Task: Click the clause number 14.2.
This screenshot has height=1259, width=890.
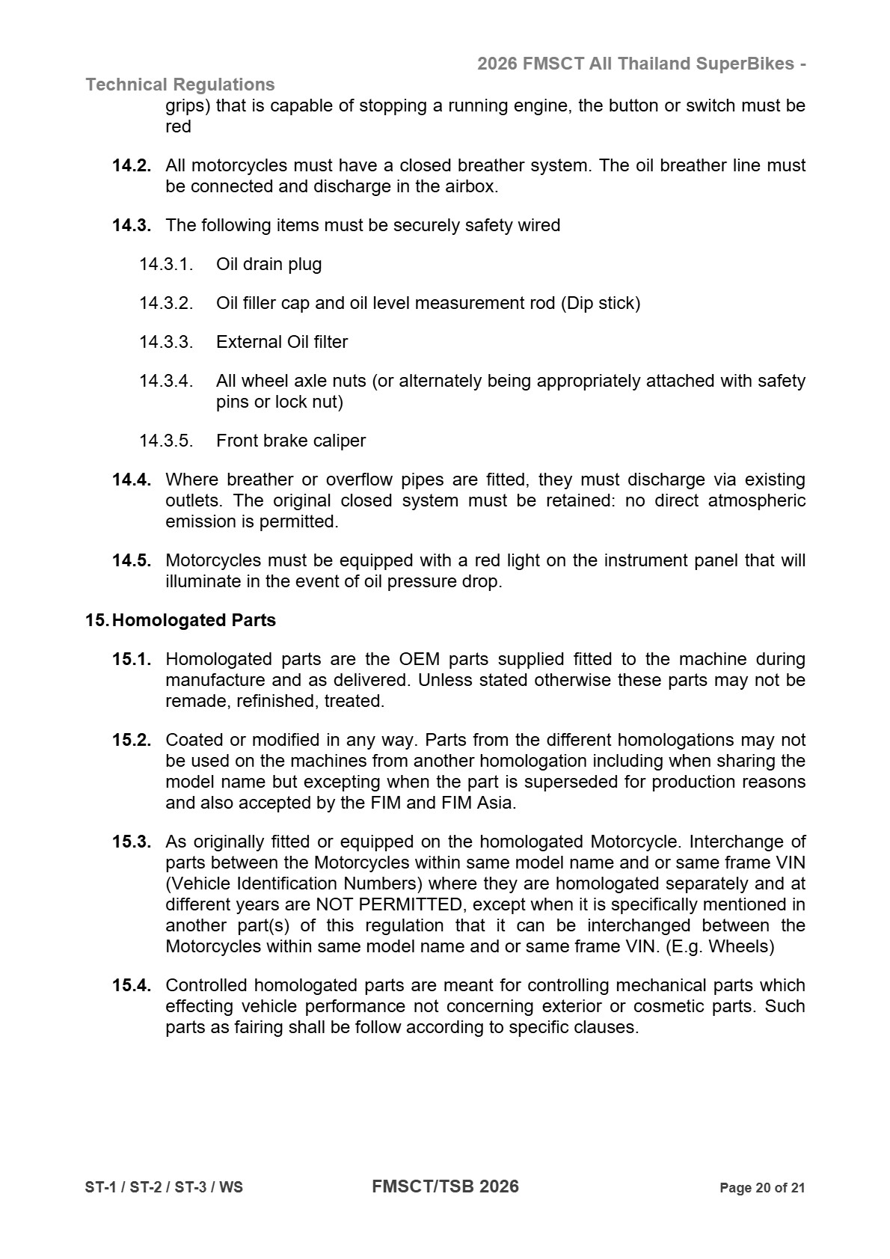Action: [x=132, y=165]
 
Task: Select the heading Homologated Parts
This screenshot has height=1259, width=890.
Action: [x=194, y=620]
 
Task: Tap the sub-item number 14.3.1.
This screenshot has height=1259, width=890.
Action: [x=166, y=264]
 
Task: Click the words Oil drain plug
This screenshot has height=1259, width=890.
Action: [x=268, y=264]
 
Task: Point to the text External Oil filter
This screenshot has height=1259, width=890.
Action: [x=282, y=342]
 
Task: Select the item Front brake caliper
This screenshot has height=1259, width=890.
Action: [x=291, y=441]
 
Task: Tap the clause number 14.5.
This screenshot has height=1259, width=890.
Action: [x=132, y=560]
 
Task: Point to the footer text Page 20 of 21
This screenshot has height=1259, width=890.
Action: [x=762, y=1188]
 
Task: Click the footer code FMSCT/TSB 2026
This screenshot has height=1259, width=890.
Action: [x=445, y=1186]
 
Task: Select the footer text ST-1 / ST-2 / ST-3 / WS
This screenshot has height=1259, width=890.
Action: [x=164, y=1188]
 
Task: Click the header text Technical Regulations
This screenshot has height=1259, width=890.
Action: [x=180, y=85]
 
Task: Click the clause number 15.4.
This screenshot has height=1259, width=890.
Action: [x=132, y=985]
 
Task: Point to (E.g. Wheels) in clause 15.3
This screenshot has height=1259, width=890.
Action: [x=719, y=946]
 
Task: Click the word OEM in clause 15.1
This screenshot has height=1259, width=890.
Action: [x=419, y=659]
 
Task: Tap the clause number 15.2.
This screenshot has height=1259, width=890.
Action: [x=132, y=740]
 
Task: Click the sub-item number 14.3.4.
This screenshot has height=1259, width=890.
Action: [x=166, y=381]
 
